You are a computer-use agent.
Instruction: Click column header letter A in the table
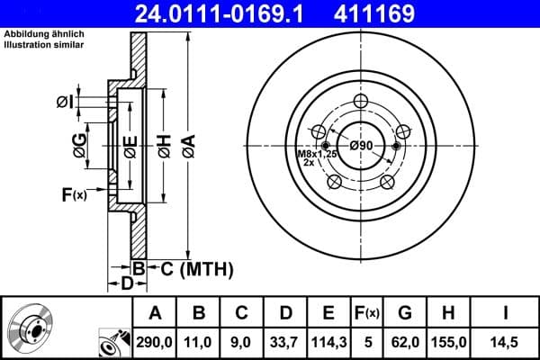155,313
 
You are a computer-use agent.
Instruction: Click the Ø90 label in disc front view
361,146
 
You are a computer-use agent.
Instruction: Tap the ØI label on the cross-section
65,102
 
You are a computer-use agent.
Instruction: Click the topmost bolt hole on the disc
361,101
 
